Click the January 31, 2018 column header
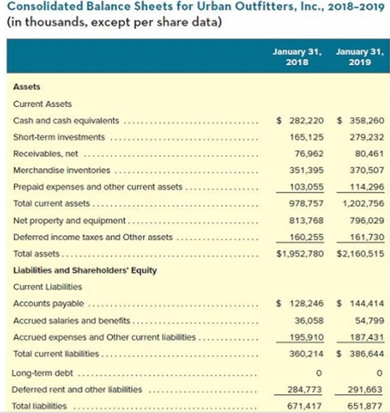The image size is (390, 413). tap(297, 57)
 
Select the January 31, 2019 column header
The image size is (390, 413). tap(360, 57)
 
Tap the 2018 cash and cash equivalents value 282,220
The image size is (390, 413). tap(307, 120)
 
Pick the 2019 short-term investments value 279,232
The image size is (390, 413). tap(367, 137)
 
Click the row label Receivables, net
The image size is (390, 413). tap(46, 153)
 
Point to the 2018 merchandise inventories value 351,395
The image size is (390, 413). tap(307, 170)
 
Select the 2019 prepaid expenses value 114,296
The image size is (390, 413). tap(367, 187)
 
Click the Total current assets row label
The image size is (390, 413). tap(51, 203)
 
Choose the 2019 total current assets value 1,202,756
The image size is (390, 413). tap(363, 203)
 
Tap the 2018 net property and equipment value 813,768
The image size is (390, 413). tap(307, 220)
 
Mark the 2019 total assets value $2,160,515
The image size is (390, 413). tap(360, 254)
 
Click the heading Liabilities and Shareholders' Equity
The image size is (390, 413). tap(85, 271)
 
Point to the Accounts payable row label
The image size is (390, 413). tap(49, 304)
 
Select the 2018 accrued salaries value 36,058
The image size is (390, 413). tap(309, 320)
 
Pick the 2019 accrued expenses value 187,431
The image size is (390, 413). tap(367, 337)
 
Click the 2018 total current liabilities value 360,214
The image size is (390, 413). tap(307, 353)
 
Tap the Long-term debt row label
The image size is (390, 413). tap(42, 373)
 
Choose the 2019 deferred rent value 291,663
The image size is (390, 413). tap(365, 389)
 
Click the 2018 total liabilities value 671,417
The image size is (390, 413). tap(304, 406)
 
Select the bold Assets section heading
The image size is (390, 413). tap(27, 87)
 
